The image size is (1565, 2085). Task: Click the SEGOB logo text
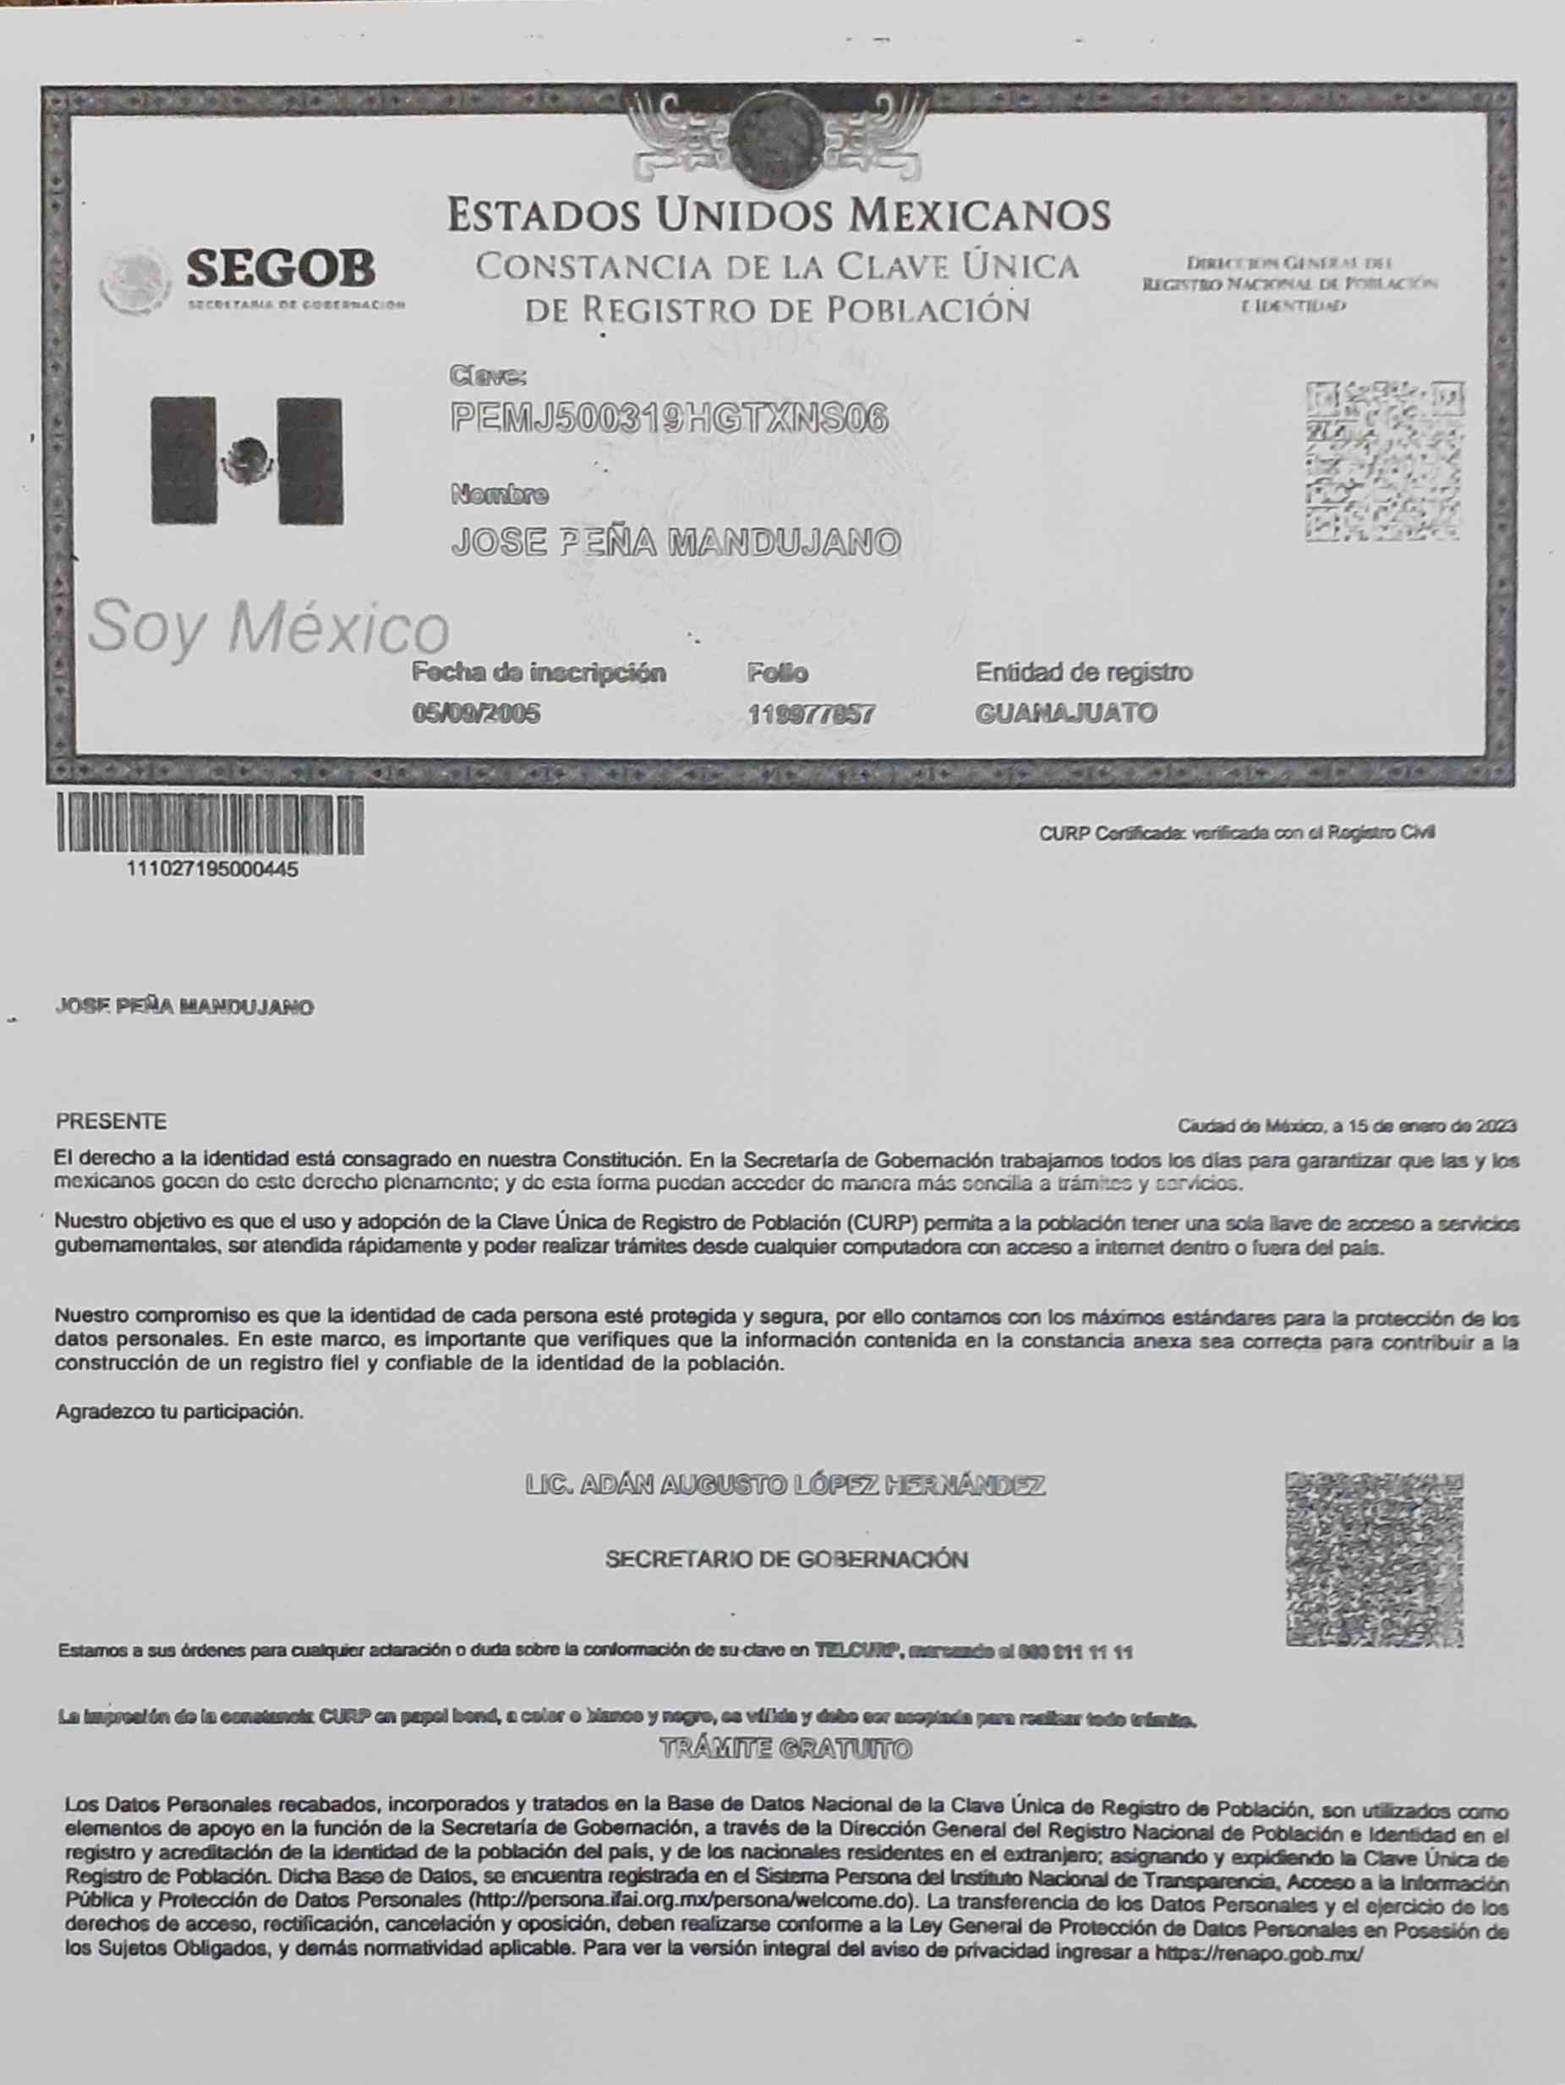pos(280,270)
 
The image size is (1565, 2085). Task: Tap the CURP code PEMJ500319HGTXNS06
pos(670,418)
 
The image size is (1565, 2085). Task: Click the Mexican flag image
pos(247,460)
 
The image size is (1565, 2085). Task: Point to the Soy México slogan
pos(269,627)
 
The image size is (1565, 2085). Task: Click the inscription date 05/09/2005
pos(476,714)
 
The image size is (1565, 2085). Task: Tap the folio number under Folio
pos(811,714)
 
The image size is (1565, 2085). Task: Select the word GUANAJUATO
pos(1065,713)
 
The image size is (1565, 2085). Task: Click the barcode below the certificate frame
pos(211,823)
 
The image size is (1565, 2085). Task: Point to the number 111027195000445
pos(212,869)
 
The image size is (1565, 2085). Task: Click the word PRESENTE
pos(112,1122)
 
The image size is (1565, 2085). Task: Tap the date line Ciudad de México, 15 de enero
pos(1346,1125)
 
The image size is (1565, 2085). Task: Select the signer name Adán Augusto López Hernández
pos(785,1486)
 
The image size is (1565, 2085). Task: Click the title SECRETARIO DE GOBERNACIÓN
pos(786,1559)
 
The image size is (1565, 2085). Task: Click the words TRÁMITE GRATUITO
pos(785,1748)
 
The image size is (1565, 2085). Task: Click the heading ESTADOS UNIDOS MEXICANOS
pos(779,215)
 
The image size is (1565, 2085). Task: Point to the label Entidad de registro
pos(1083,672)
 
